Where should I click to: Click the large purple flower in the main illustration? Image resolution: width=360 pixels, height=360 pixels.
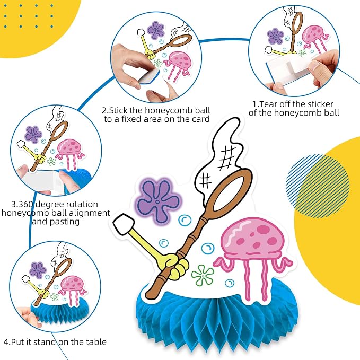click(x=157, y=201)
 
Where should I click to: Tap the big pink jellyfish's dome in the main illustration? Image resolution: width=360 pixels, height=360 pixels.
click(x=253, y=238)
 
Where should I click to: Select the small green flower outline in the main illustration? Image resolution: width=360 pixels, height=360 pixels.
click(x=203, y=275)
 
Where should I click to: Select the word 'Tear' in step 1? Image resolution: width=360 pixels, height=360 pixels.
click(x=268, y=104)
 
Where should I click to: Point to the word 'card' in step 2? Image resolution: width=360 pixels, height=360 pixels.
click(x=200, y=119)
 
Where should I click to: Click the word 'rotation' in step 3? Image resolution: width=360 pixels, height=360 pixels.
click(x=83, y=204)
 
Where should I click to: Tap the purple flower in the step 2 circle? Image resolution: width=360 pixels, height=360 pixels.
click(x=155, y=30)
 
